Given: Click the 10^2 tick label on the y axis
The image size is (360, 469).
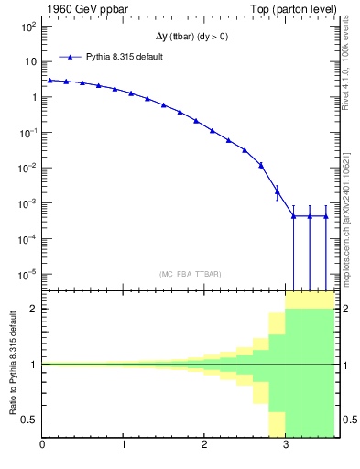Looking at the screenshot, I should [28, 27].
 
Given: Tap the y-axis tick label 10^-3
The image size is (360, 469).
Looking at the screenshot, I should [27, 203].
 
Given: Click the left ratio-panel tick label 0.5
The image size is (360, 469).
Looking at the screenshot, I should [30, 420].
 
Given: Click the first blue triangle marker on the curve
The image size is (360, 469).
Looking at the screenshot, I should [50, 80].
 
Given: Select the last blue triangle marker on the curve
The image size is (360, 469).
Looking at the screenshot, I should [326, 216].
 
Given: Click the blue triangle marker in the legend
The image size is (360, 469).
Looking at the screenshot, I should [71, 56].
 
